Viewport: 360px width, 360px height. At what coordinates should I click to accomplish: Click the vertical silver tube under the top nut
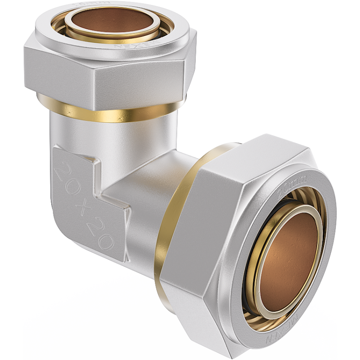112,139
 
